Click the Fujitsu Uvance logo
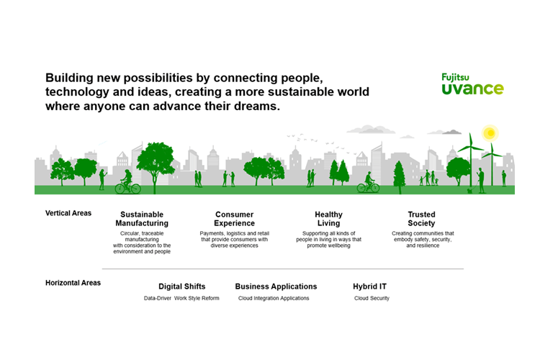[472, 84]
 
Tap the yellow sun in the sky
[490, 133]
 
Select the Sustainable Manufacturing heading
[142, 219]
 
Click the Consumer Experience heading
[234, 219]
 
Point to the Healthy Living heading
[328, 219]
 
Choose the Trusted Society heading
[421, 219]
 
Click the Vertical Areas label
[68, 213]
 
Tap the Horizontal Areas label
[73, 283]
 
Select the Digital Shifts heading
[182, 287]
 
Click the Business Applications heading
[276, 287]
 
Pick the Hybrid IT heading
[369, 287]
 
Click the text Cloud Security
[372, 298]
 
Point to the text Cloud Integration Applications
[274, 298]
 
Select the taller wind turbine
[470, 159]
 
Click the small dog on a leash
[469, 191]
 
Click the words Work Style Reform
[197, 298]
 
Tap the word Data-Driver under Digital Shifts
[158, 298]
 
